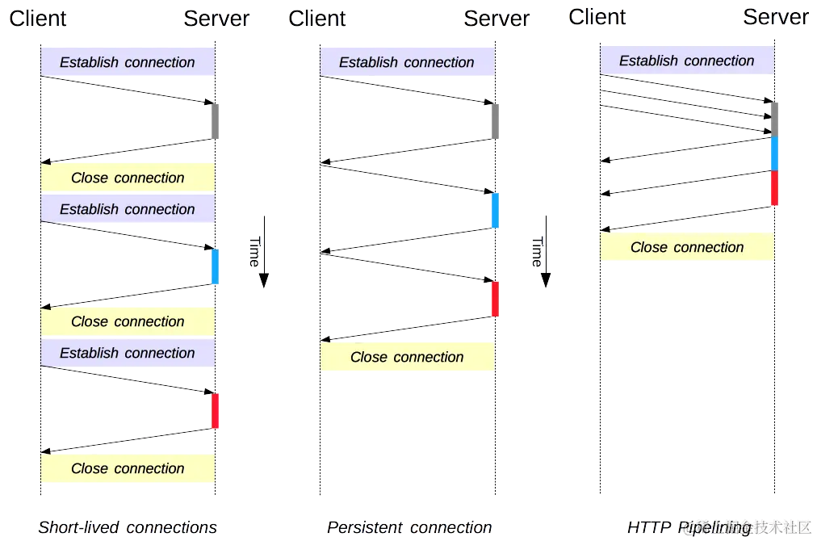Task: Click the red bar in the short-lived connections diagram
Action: (215, 411)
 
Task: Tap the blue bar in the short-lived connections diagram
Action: (215, 266)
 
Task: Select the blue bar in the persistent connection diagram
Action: (495, 210)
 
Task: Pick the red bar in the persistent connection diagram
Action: (495, 299)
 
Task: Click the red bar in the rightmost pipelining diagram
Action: (774, 188)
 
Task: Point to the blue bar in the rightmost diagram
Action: (774, 153)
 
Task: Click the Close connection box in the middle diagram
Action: (407, 358)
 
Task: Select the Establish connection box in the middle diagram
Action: (407, 62)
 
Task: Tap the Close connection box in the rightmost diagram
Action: (686, 248)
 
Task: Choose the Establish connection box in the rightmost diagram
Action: (686, 61)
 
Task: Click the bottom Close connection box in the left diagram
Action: (128, 468)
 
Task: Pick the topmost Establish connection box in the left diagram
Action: (128, 62)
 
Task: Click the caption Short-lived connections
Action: (128, 528)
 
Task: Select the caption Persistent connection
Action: (409, 528)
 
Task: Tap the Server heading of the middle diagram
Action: (496, 19)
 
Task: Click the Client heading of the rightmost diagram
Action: (598, 17)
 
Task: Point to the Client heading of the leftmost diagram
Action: (38, 19)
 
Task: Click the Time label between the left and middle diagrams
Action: (253, 253)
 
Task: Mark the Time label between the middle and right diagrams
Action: (536, 253)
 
